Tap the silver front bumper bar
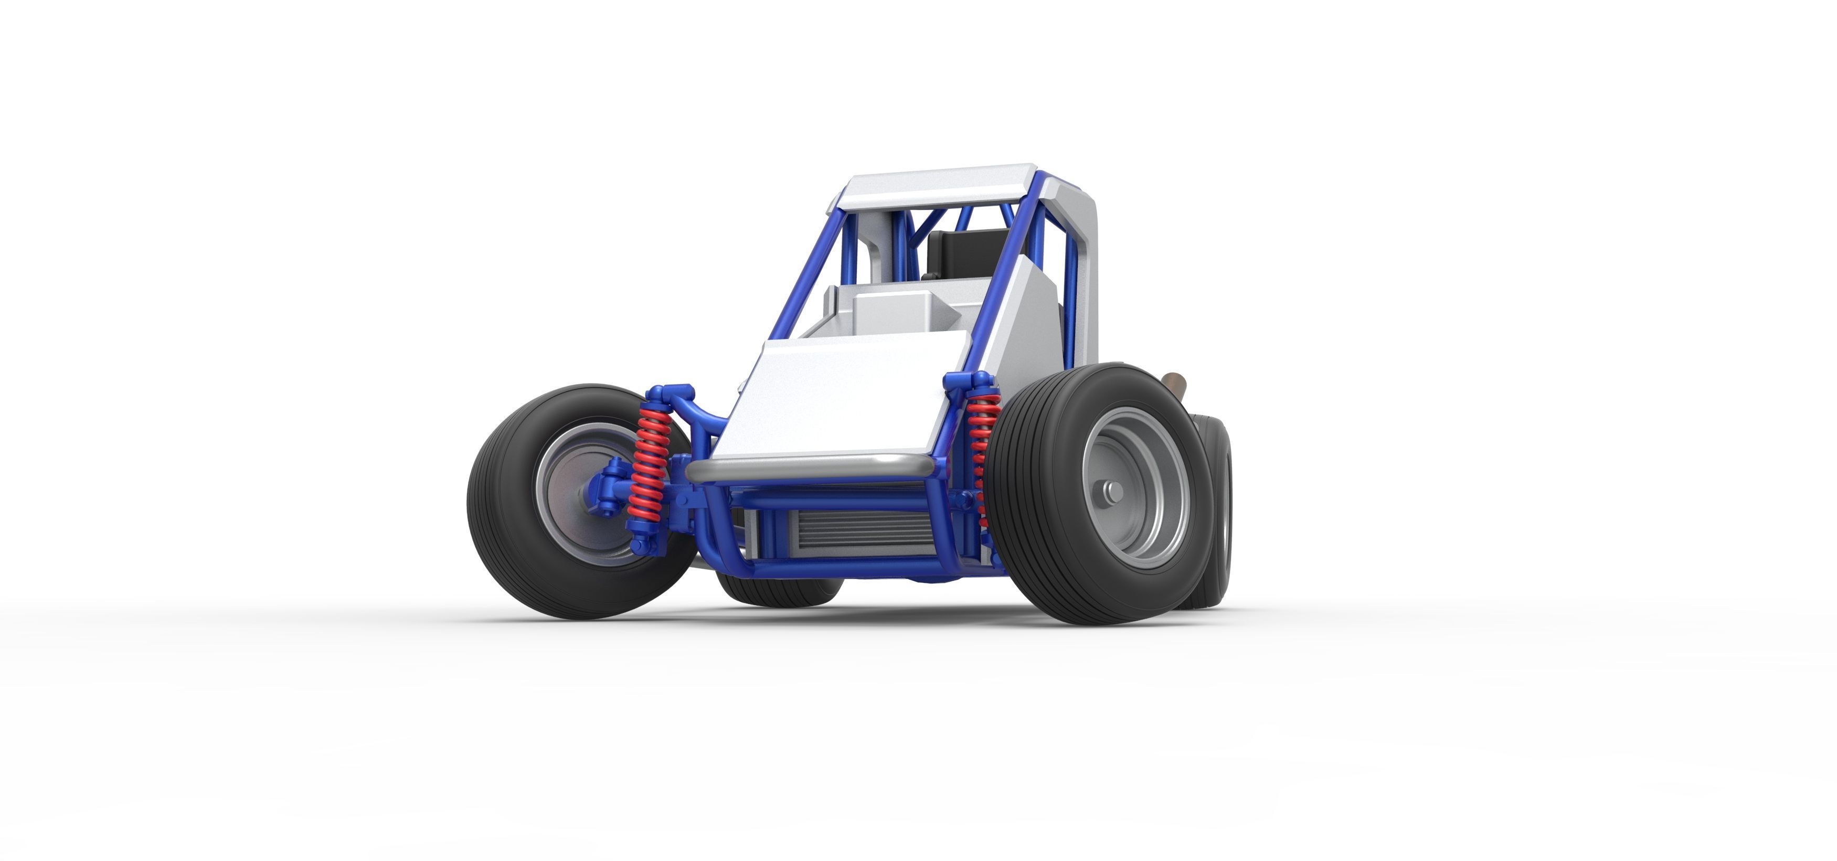click(810, 468)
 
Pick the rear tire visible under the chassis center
click(781, 591)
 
